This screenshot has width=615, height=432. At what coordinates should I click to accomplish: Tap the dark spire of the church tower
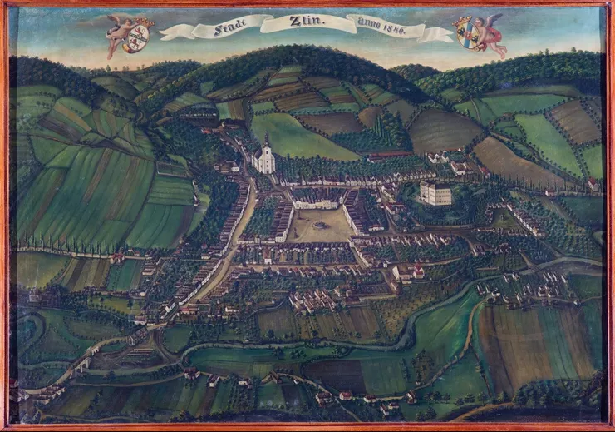pyautogui.click(x=266, y=139)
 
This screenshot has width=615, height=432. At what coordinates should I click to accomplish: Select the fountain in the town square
pyautogui.click(x=322, y=225)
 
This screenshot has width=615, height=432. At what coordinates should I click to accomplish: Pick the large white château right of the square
pyautogui.click(x=435, y=194)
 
